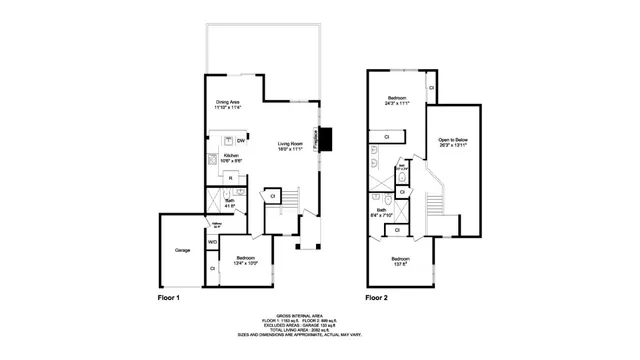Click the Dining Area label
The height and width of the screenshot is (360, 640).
tap(228, 104)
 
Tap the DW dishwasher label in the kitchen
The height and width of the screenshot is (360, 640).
tap(241, 141)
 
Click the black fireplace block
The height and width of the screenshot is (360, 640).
tap(327, 140)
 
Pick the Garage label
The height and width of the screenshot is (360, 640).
tap(183, 250)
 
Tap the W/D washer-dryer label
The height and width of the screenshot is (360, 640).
tap(212, 242)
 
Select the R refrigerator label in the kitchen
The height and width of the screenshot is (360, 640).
tap(231, 179)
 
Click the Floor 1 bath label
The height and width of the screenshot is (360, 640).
tap(229, 203)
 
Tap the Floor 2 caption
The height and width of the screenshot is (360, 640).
tap(377, 298)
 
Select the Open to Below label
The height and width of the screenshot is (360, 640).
tap(453, 142)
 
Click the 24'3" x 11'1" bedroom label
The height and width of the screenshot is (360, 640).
tap(396, 100)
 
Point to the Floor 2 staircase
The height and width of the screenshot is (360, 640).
tap(436, 205)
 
